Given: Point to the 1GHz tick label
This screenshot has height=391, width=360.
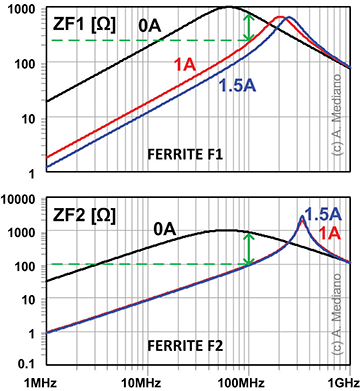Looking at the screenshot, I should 339,382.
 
